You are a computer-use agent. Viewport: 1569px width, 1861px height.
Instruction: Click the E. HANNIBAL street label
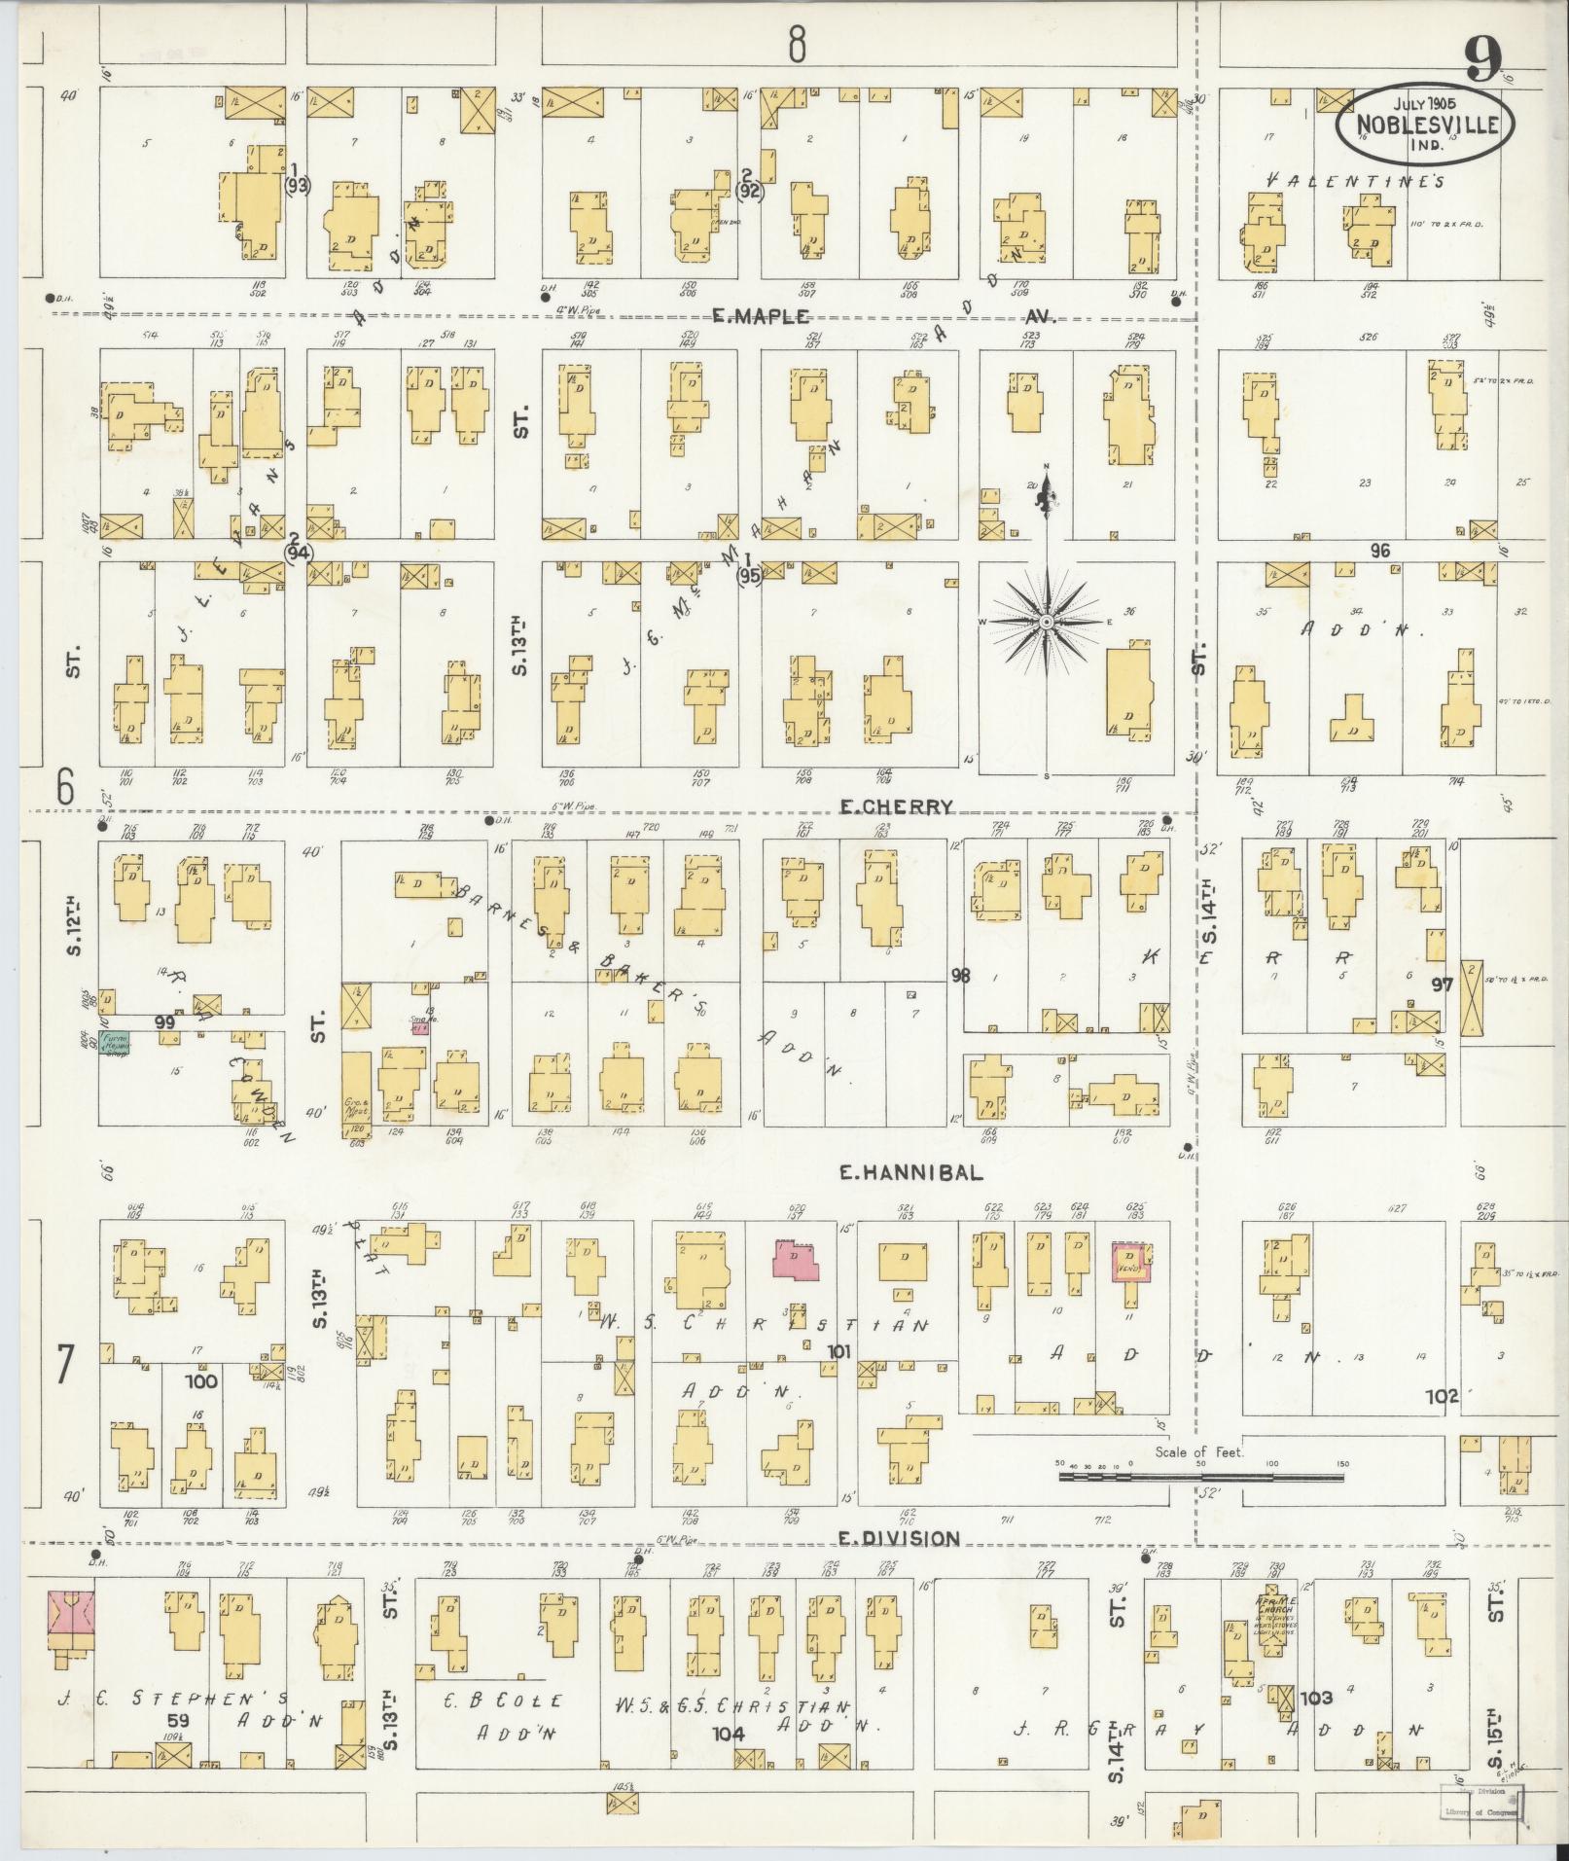tap(910, 1173)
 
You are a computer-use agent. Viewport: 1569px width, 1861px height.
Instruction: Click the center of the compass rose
tap(1046, 622)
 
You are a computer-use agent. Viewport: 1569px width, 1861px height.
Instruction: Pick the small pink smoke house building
tap(418, 1026)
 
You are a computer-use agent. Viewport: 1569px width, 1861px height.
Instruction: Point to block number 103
tap(1315, 1698)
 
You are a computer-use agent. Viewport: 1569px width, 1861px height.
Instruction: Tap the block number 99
tap(164, 1022)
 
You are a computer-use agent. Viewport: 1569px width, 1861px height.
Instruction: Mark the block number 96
tap(1379, 551)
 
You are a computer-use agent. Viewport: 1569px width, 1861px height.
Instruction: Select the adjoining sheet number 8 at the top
tap(797, 44)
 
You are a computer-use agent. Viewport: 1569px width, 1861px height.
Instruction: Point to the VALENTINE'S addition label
tap(1356, 181)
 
